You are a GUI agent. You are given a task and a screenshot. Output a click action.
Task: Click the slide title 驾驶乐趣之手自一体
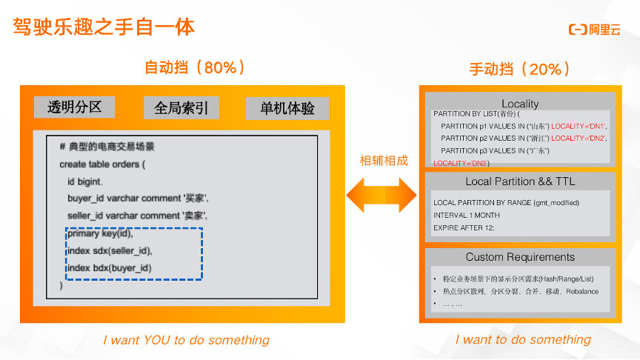click(x=104, y=27)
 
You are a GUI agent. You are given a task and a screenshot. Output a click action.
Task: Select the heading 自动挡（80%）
click(x=195, y=68)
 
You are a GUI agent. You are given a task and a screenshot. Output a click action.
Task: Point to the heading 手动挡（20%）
click(x=520, y=70)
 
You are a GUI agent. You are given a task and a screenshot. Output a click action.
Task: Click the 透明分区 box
click(x=74, y=107)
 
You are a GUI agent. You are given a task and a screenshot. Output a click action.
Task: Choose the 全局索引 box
click(x=181, y=108)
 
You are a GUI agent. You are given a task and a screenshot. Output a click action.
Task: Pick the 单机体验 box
click(x=287, y=108)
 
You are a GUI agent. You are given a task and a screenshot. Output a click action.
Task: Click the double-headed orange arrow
click(x=381, y=196)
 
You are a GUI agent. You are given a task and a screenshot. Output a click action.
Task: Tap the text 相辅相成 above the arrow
click(x=384, y=161)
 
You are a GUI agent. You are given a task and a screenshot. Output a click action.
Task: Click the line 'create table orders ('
click(x=102, y=164)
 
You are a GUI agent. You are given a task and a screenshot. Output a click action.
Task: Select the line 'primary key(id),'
click(x=100, y=233)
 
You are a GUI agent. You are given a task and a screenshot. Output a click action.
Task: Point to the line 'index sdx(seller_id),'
click(x=110, y=250)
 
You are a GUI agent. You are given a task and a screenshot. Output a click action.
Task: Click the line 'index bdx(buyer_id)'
click(x=109, y=267)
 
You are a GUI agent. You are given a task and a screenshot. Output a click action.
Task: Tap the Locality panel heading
click(x=520, y=104)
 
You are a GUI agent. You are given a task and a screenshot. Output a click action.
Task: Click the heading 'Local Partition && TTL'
click(x=520, y=181)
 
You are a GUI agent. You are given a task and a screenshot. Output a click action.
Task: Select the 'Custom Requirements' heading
click(x=520, y=258)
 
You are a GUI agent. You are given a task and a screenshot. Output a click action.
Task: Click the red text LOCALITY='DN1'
click(x=579, y=126)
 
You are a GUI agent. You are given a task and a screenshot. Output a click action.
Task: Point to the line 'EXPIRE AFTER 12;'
click(x=464, y=227)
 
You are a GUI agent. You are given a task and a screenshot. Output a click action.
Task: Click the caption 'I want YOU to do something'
click(x=186, y=340)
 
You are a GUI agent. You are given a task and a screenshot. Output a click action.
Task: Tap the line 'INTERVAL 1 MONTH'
click(x=467, y=215)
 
